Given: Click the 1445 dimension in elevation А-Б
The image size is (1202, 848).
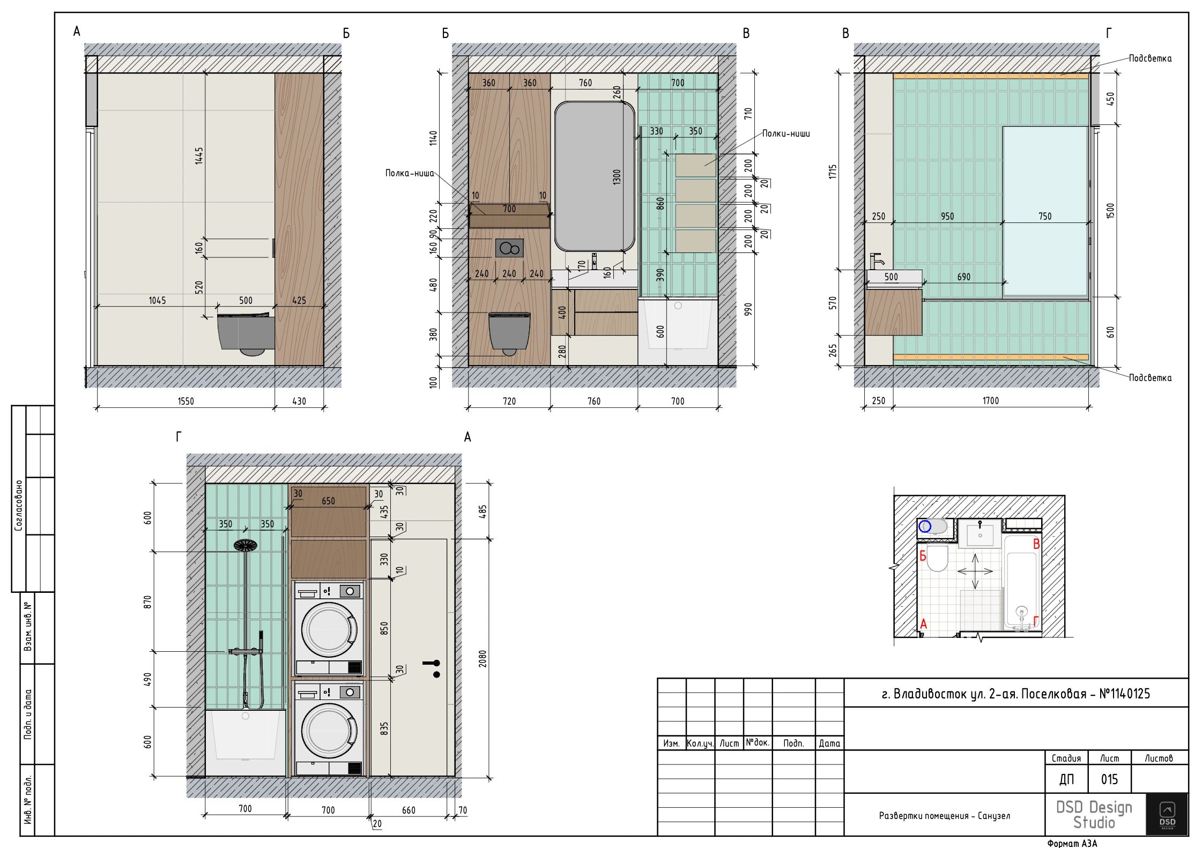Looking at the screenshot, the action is [x=199, y=156].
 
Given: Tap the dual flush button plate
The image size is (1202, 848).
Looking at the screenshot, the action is [x=509, y=248].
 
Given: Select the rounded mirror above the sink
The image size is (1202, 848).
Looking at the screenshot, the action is [x=594, y=176].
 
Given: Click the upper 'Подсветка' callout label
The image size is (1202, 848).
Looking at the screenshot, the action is [x=1150, y=58].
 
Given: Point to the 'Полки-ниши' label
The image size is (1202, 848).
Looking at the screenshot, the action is [x=786, y=133].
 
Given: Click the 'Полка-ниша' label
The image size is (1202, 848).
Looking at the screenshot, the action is [x=410, y=173].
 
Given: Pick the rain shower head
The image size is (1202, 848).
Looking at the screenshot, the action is [x=246, y=546].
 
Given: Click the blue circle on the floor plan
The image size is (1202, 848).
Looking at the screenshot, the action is [x=925, y=526].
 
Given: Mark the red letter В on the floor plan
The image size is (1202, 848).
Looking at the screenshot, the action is [x=1036, y=544].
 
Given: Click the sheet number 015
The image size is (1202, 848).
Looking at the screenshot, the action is [x=1109, y=779].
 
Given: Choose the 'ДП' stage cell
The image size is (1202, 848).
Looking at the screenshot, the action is [x=1066, y=779].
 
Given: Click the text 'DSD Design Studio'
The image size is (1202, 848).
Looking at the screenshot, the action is [x=1094, y=815].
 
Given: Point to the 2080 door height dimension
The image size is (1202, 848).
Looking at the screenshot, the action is [x=483, y=658].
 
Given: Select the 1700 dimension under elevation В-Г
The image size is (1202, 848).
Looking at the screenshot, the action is [x=990, y=400].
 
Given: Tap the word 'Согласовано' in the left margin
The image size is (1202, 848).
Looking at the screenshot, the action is [x=19, y=505].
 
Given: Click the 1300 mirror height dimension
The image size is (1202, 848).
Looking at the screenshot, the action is [x=617, y=177].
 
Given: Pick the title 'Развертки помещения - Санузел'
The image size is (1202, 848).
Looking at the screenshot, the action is [x=945, y=816].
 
